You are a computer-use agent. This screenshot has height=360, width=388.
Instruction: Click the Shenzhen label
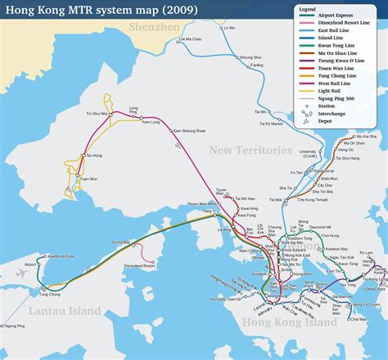[x=155, y=27]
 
